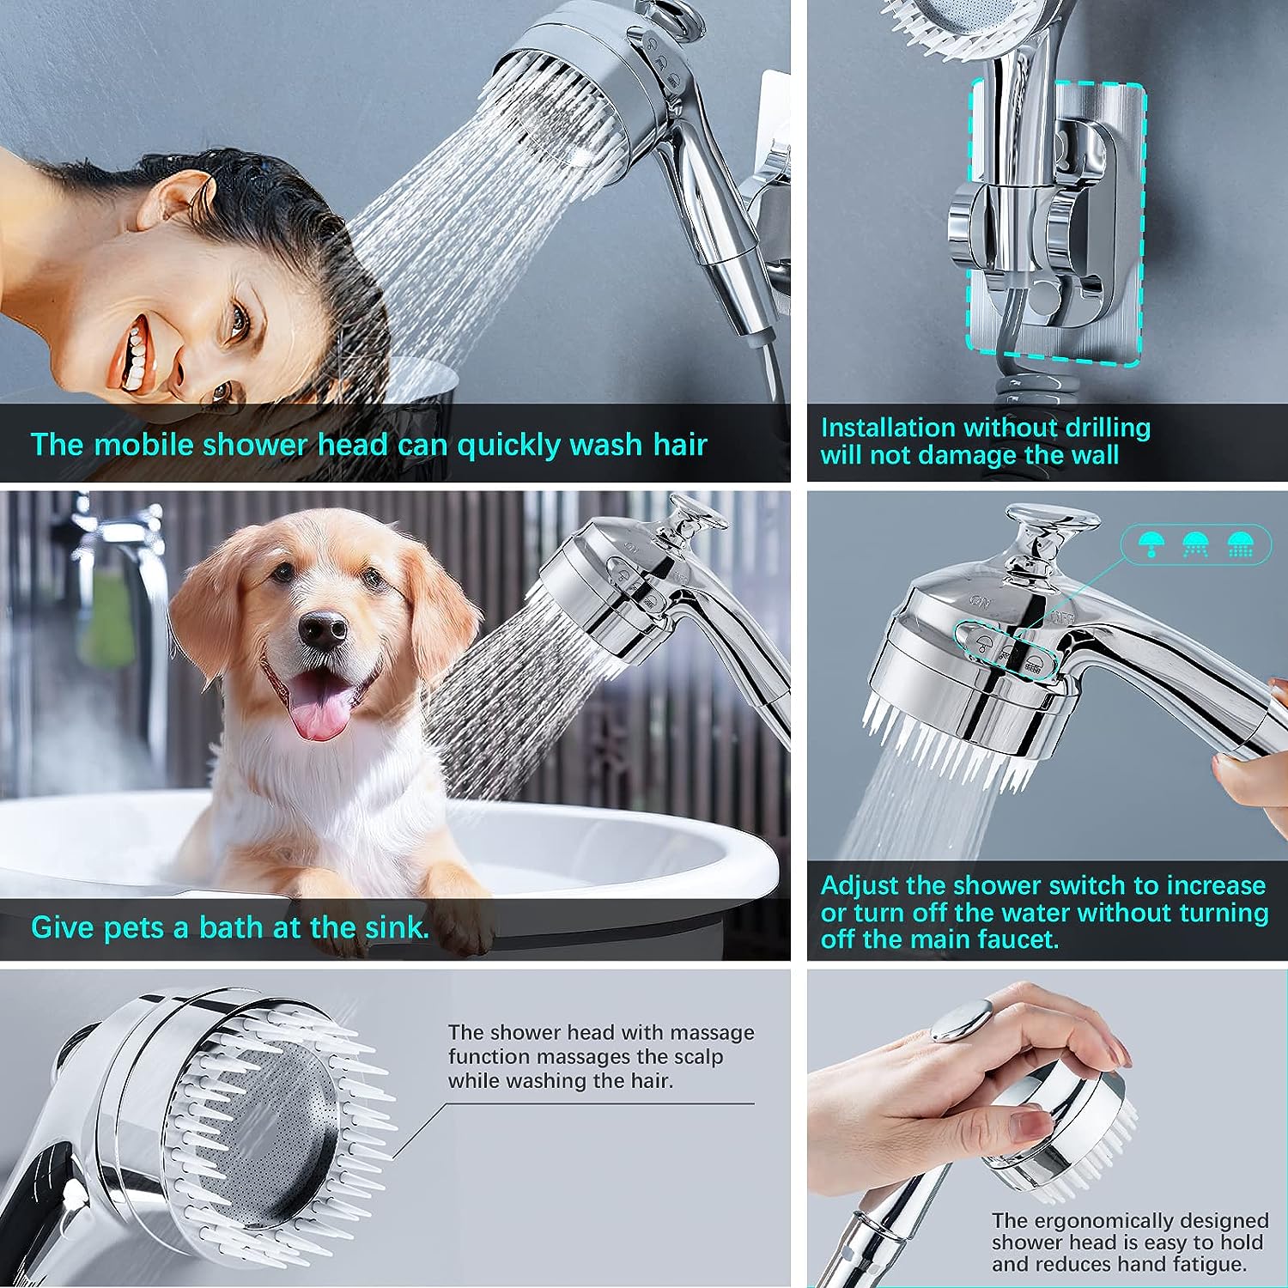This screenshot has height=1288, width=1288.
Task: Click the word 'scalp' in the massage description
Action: coord(696,1057)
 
